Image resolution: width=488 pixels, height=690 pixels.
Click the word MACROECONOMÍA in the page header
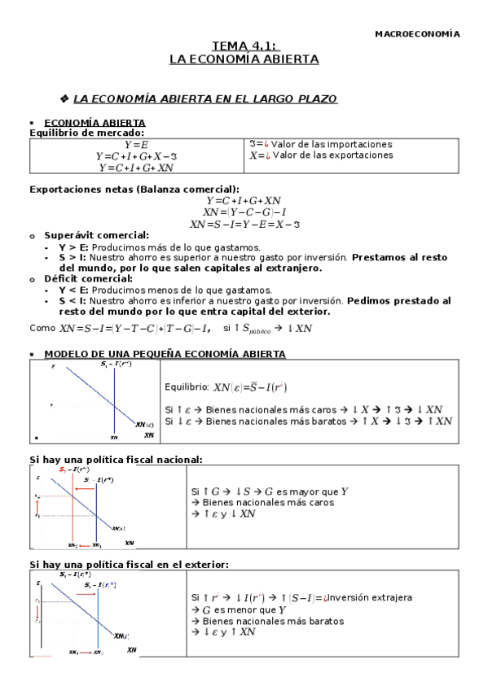(417, 34)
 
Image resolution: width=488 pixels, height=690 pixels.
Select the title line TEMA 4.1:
(244, 47)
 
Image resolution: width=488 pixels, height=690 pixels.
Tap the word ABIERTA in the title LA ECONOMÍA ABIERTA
(290, 59)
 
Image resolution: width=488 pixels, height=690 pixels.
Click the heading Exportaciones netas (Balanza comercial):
(134, 189)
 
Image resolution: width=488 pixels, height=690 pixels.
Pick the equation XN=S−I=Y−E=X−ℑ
(244, 224)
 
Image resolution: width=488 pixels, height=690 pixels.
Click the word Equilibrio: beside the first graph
(187, 387)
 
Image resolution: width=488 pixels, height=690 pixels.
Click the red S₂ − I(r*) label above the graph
(73, 470)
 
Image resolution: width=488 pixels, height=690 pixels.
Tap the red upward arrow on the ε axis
(37, 505)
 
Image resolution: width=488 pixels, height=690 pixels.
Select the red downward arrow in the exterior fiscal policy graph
(37, 611)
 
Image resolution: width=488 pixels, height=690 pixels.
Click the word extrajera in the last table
(388, 597)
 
